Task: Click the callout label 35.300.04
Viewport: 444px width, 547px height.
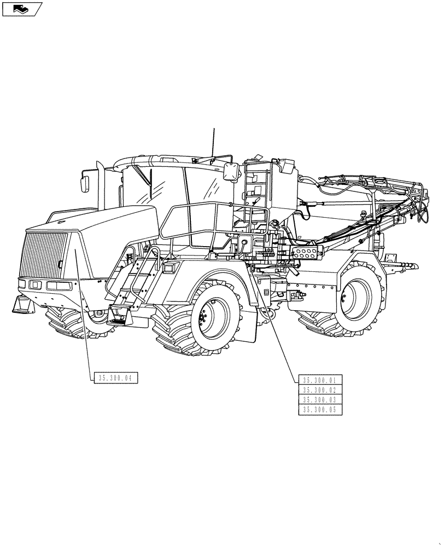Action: pos(115,378)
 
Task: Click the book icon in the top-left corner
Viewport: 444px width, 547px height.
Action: pos(21,9)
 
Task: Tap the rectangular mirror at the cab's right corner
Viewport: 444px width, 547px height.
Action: pos(230,170)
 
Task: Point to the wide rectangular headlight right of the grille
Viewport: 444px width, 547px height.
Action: pos(58,286)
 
